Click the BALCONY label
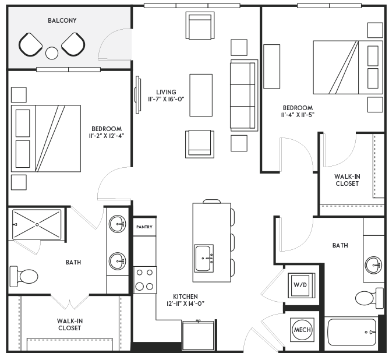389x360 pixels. (x=62, y=20)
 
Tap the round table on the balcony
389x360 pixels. (x=52, y=53)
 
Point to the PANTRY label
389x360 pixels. (x=144, y=226)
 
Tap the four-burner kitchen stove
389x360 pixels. (x=145, y=280)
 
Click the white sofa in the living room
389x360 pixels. (x=243, y=95)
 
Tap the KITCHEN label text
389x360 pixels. (x=185, y=297)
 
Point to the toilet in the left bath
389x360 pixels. (x=25, y=274)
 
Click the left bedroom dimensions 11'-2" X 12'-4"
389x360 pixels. (x=107, y=136)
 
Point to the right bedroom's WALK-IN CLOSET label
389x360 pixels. (x=347, y=180)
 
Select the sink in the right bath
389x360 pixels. (x=373, y=264)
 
